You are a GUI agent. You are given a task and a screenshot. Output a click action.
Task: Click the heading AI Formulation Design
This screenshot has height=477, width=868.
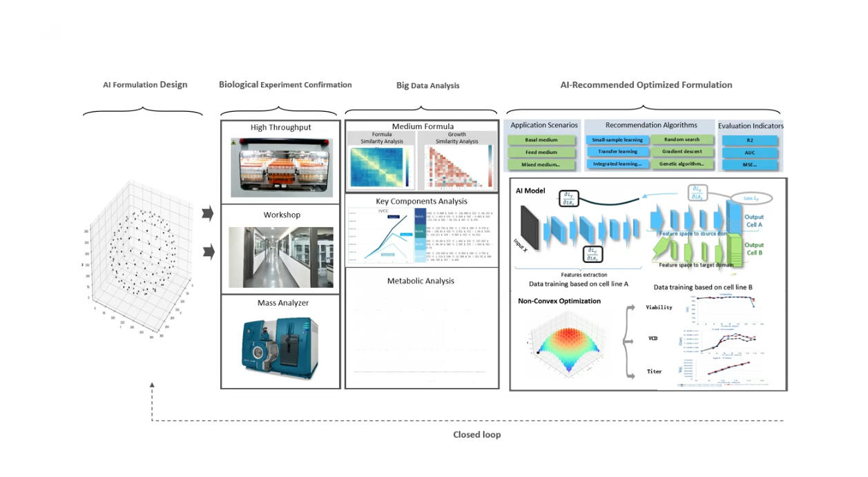[145, 85]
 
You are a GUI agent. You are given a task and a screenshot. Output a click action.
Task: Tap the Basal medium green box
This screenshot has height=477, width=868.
[541, 140]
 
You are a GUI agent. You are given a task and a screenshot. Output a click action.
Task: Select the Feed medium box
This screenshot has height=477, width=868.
[541, 153]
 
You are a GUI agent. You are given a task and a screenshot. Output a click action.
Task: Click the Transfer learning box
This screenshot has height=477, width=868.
[617, 152]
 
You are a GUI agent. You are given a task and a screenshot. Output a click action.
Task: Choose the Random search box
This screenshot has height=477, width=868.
[682, 139]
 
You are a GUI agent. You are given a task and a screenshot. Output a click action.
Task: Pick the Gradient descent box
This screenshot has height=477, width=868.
[682, 152]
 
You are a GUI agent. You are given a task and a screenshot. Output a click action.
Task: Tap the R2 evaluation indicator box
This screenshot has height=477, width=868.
[750, 140]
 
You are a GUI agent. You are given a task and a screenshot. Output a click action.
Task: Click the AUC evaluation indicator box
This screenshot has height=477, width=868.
[750, 153]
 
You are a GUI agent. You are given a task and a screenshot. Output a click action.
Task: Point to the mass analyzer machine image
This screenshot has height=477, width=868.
[280, 349]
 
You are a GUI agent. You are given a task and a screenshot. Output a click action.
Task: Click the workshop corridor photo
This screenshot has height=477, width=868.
[280, 257]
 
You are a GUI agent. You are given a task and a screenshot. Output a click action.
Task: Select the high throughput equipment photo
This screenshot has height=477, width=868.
[280, 166]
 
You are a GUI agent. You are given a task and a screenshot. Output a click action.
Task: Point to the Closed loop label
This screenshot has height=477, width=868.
[476, 435]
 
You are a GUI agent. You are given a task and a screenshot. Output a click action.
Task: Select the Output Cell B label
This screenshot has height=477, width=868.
[754, 249]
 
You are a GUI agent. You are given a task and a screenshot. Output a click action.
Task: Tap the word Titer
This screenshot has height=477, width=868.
[654, 371]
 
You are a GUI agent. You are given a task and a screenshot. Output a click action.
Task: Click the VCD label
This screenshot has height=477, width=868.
[653, 339]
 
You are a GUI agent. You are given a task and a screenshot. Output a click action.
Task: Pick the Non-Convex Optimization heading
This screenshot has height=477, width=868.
[559, 301]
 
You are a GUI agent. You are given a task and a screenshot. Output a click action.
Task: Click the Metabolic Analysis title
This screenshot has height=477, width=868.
[421, 281]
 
